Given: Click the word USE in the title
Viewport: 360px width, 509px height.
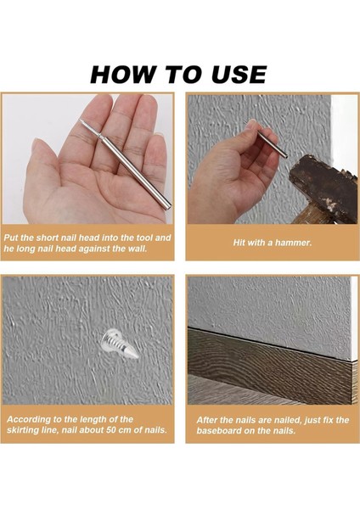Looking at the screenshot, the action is [x=239, y=75].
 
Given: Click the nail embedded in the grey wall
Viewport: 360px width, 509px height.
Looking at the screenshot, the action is [x=120, y=344].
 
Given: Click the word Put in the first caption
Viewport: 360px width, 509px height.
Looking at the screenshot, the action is [x=11, y=238].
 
